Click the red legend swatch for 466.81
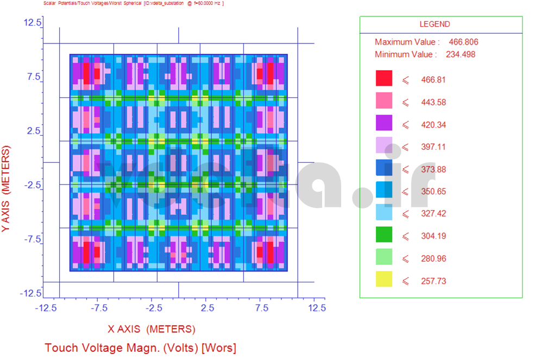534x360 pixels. coord(384,79)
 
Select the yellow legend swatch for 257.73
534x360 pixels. coord(384,280)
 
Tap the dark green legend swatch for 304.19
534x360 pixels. coord(384,235)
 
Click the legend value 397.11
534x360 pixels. coord(434,147)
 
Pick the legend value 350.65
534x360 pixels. coord(434,191)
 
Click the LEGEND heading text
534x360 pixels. coord(435,24)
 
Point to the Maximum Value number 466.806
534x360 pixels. coord(463,42)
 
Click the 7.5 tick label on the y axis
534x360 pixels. coord(34,77)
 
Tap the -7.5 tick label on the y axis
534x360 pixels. coord(32,239)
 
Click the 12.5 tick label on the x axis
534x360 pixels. coord(316,308)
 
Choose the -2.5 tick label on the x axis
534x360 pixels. coord(154,308)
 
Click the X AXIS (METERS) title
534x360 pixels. coord(151,329)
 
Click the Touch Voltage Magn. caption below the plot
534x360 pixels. coord(140,348)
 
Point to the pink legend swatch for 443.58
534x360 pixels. coord(384,102)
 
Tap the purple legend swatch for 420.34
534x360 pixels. coord(384,124)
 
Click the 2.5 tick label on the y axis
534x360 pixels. coord(34,131)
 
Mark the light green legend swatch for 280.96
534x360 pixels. coord(384,258)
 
